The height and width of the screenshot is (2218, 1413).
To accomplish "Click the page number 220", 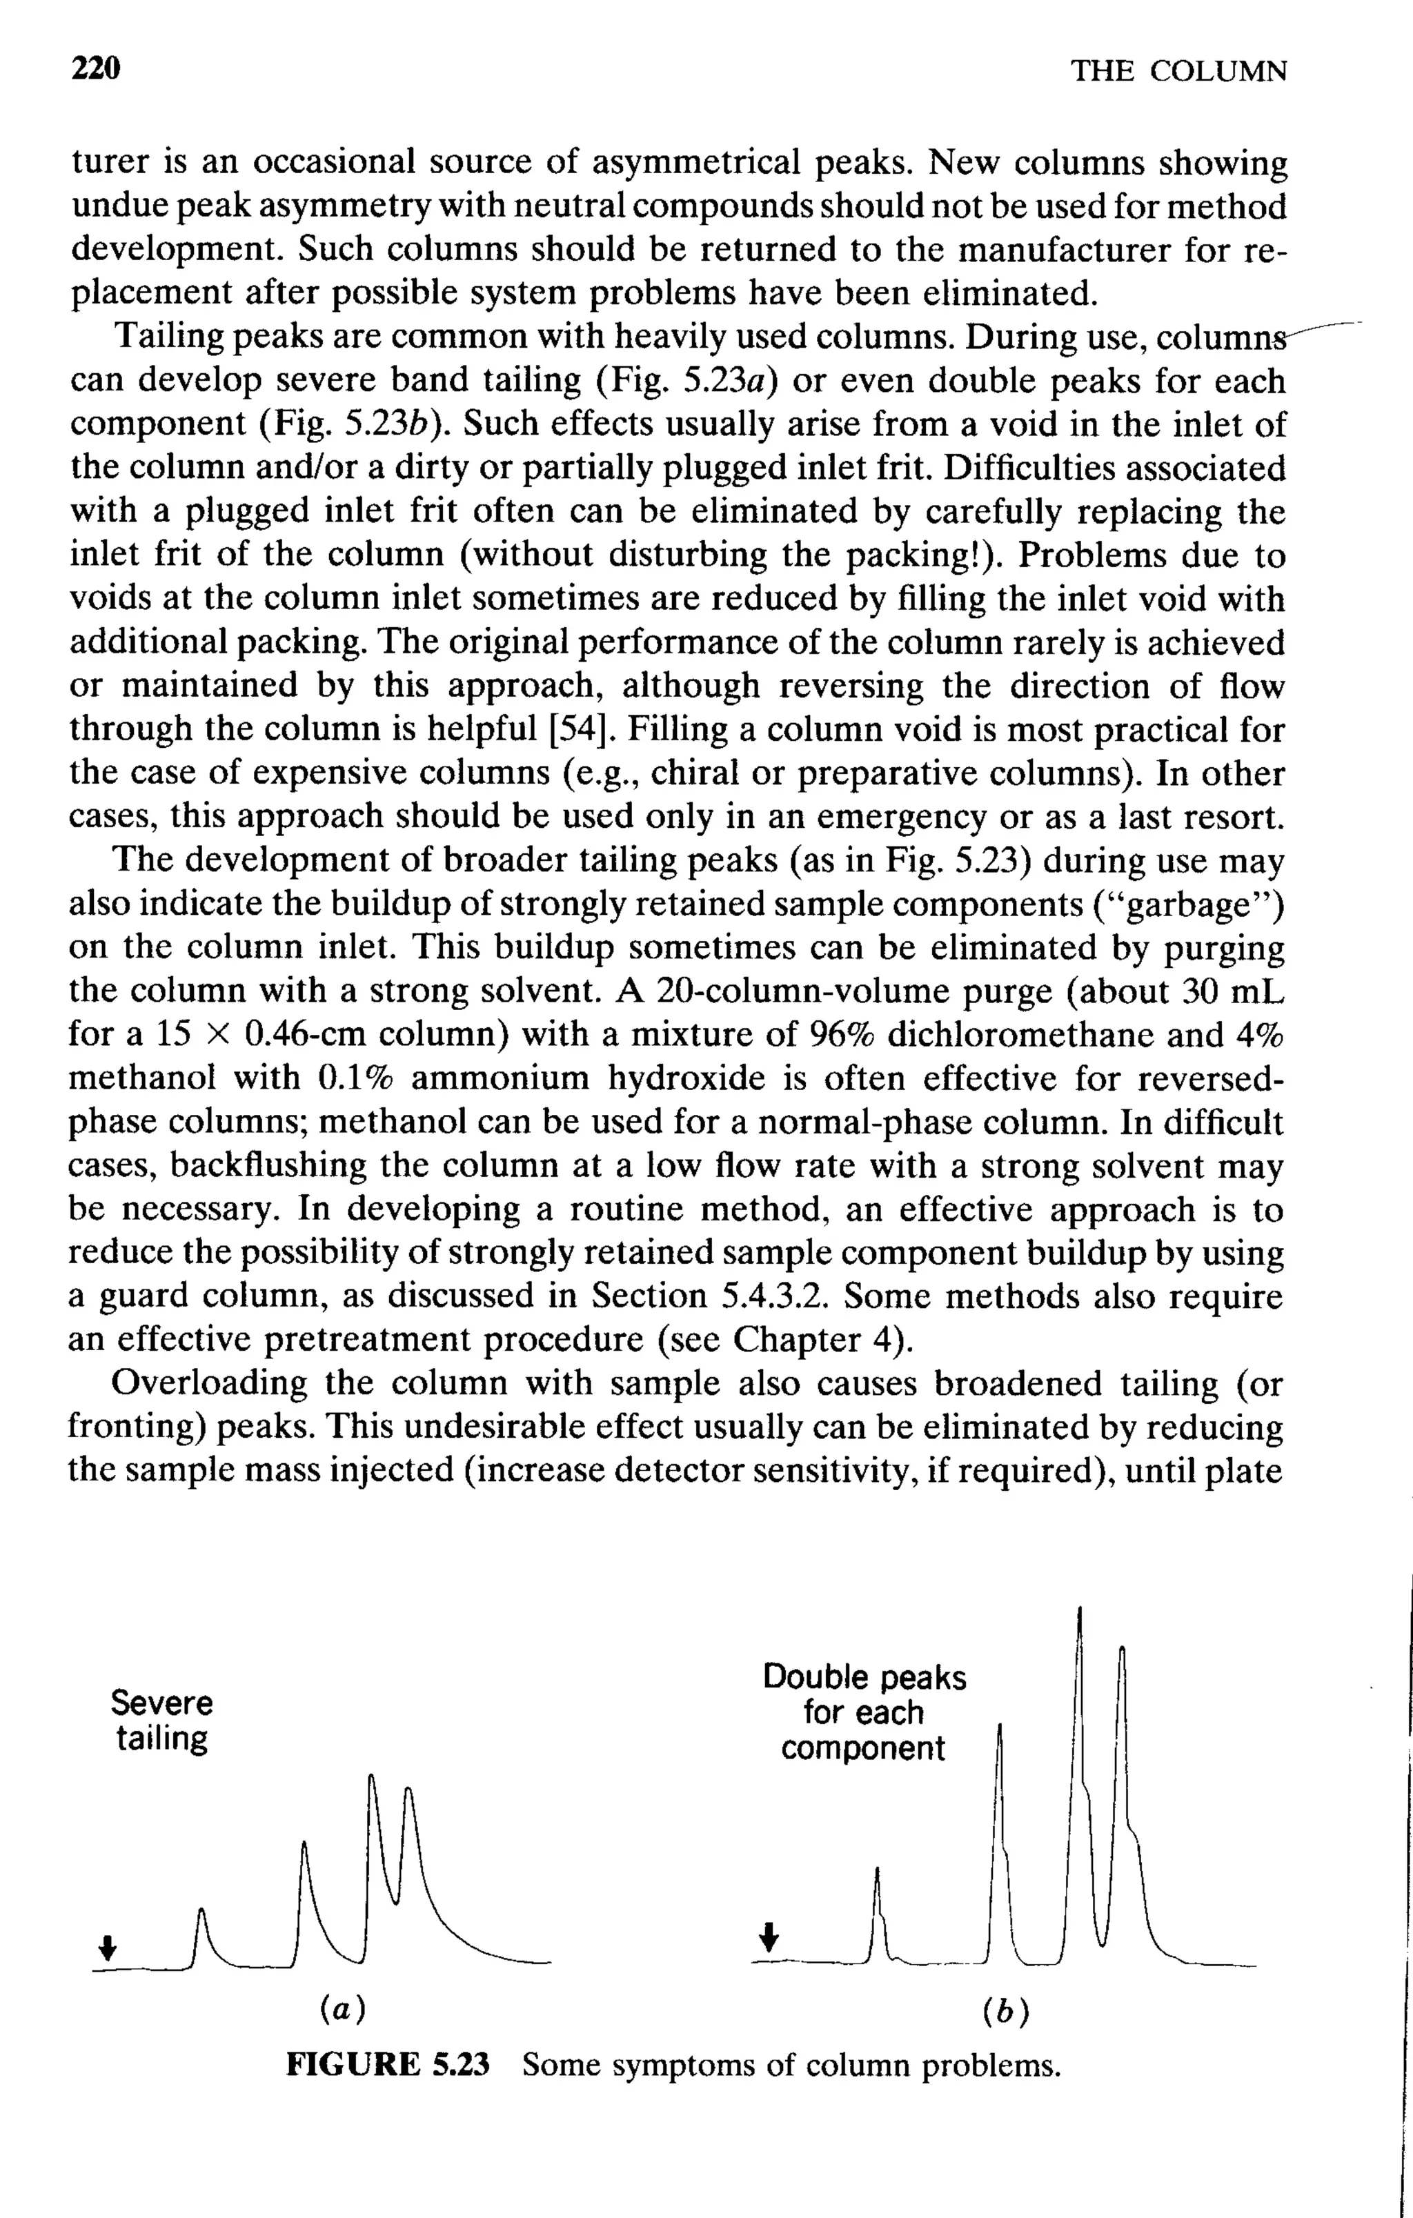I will pos(96,69).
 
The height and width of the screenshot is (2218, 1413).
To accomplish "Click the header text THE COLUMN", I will pos(1178,71).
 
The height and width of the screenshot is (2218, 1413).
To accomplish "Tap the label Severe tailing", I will pos(161,1720).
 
